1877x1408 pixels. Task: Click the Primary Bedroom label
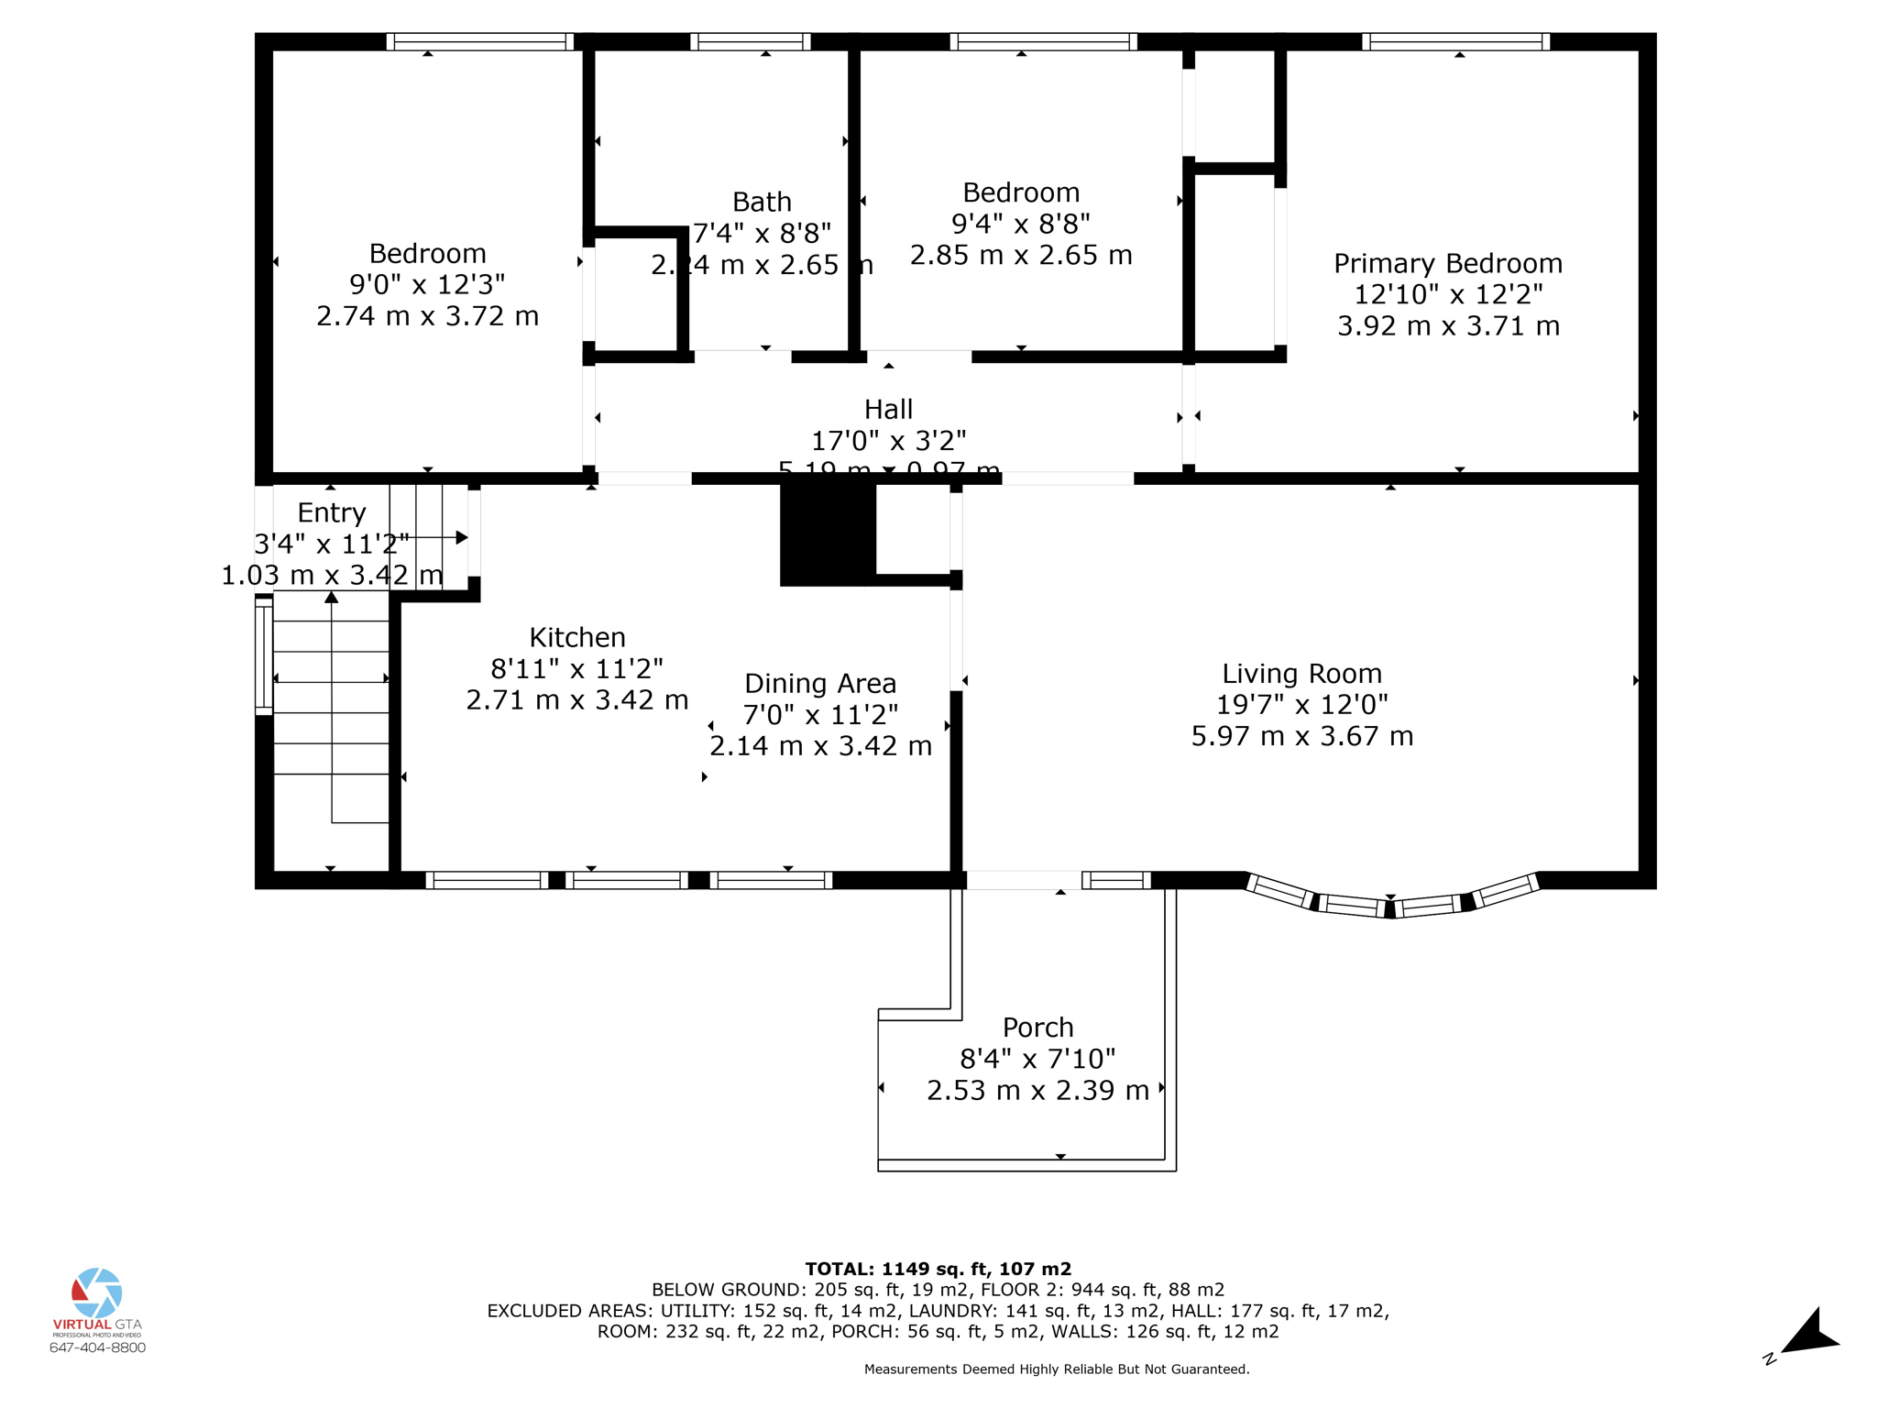click(x=1447, y=264)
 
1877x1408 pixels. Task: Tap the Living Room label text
click(x=1301, y=674)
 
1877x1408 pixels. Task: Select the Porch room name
click(x=1037, y=1028)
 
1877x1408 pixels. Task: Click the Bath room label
click(x=762, y=202)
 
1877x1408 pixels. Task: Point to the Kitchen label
click(x=577, y=637)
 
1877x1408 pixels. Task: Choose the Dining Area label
click(x=820, y=684)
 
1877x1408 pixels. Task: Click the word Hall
click(x=888, y=409)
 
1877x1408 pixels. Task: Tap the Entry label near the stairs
click(x=331, y=512)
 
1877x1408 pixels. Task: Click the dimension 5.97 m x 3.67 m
click(x=1301, y=736)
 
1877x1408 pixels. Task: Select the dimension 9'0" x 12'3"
click(x=427, y=284)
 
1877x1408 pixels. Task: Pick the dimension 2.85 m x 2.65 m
click(x=1021, y=255)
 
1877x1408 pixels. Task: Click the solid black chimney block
click(x=827, y=534)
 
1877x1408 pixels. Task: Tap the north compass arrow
click(x=1809, y=1334)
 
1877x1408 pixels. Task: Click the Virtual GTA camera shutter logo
click(x=97, y=1292)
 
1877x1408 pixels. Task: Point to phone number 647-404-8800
click(x=97, y=1347)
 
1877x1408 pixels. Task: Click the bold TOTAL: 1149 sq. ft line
click(x=938, y=1269)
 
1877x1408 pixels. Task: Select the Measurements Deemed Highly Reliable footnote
click(x=1057, y=1369)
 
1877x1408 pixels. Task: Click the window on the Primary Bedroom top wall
click(x=1455, y=41)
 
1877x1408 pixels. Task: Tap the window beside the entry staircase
click(x=264, y=656)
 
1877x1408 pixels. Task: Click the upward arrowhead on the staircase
click(x=332, y=598)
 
